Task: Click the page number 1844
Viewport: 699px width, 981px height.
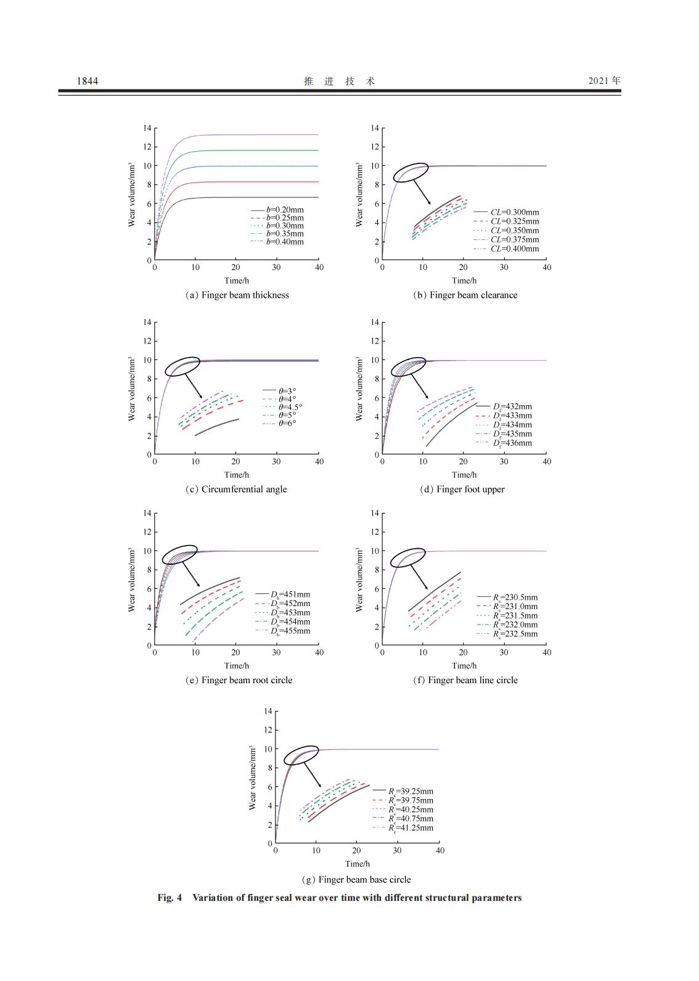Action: (87, 81)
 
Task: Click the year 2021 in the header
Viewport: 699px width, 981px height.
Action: (599, 80)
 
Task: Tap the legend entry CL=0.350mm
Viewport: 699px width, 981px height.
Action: (514, 231)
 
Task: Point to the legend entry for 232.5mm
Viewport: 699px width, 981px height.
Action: (515, 634)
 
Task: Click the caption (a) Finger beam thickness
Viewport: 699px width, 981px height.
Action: (237, 295)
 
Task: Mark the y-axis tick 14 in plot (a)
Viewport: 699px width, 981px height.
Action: (147, 128)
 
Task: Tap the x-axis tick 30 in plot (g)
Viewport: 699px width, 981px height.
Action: (397, 850)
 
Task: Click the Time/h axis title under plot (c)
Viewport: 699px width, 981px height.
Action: (237, 475)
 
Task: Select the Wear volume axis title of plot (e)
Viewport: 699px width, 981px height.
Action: (132, 580)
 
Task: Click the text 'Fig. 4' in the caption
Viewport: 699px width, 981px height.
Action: (170, 898)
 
